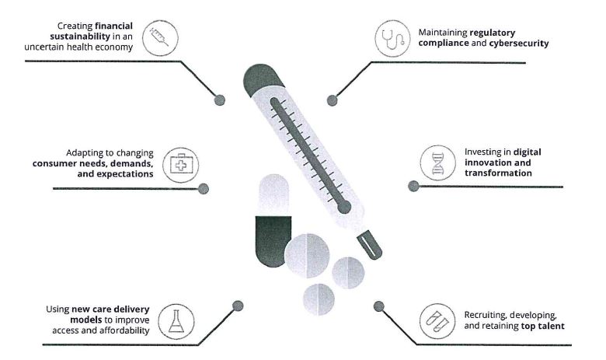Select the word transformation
click(x=497, y=173)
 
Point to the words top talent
click(x=543, y=327)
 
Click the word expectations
click(x=120, y=174)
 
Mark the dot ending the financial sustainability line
click(x=220, y=99)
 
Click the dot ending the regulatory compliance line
click(x=333, y=100)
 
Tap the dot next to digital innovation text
click(x=413, y=185)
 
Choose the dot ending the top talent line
click(x=379, y=306)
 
